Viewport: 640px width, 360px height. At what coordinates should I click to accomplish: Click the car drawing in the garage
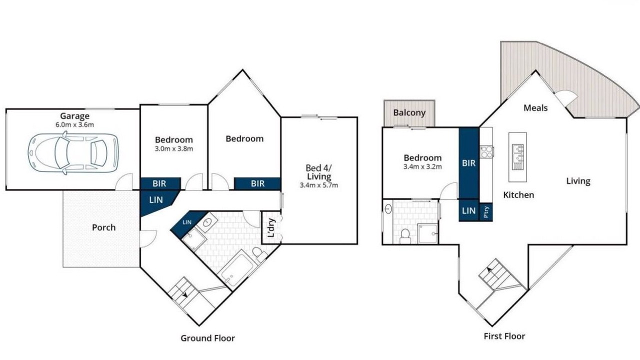pos(73,153)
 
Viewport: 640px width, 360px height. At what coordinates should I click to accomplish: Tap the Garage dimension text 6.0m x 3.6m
pos(74,124)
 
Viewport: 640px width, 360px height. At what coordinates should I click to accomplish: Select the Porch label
pos(103,227)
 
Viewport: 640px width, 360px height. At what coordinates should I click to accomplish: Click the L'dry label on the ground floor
pos(271,227)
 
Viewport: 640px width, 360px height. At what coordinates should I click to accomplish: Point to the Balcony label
pos(409,112)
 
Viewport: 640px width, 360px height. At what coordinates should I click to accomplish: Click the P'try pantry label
pos(486,212)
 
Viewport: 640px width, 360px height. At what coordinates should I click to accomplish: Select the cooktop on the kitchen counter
pos(486,151)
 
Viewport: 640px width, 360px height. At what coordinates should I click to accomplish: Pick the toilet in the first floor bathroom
pos(405,236)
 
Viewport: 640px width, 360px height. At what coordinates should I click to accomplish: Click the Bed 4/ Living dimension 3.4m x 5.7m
pos(319,185)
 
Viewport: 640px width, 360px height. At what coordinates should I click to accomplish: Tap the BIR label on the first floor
pos(469,163)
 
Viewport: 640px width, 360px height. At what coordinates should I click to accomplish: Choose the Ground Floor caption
pos(207,338)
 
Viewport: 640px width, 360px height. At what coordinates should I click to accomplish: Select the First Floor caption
pos(504,336)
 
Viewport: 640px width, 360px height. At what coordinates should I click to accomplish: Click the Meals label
pos(535,108)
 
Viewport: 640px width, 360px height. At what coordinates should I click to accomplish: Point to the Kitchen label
pos(518,195)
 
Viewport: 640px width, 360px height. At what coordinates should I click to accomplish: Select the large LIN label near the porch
pos(156,200)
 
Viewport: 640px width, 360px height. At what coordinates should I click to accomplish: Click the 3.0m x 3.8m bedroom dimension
pos(174,148)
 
